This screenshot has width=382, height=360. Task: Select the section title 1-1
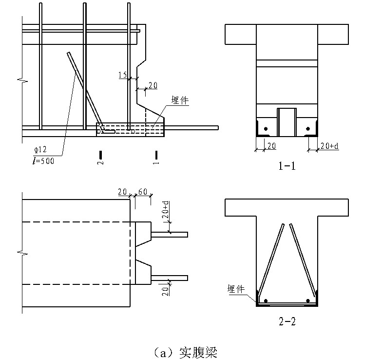287,166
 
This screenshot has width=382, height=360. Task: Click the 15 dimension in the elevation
122,75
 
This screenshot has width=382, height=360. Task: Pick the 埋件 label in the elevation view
180,101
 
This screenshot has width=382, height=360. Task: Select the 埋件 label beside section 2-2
235,289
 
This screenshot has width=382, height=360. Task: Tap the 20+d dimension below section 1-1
329,146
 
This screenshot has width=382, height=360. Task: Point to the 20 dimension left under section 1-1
271,146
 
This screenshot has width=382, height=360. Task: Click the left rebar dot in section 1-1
266,129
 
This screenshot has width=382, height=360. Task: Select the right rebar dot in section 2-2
308,300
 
